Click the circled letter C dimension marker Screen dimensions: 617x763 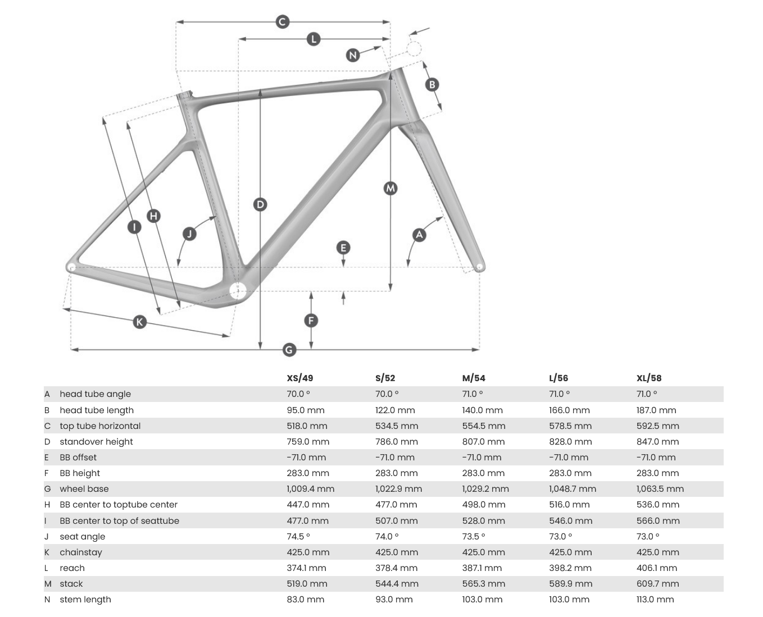pyautogui.click(x=283, y=22)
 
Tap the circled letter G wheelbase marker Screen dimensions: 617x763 pyautogui.click(x=289, y=350)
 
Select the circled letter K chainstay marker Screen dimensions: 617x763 pyautogui.click(x=139, y=322)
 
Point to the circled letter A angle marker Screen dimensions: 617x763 pyautogui.click(x=419, y=235)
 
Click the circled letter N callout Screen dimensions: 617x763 pyautogui.click(x=353, y=55)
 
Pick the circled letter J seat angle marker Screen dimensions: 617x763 pyautogui.click(x=189, y=234)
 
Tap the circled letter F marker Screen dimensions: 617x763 pyautogui.click(x=311, y=321)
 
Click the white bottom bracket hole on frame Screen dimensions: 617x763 pyautogui.click(x=238, y=290)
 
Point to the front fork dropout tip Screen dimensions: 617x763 pyautogui.click(x=479, y=267)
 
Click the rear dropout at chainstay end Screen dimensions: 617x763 pyautogui.click(x=71, y=267)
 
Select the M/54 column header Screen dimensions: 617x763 pyautogui.click(x=474, y=378)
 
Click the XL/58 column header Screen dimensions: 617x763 pyautogui.click(x=649, y=378)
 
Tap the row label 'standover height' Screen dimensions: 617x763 pyautogui.click(x=96, y=441)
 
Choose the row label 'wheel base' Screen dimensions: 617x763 pyautogui.click(x=84, y=488)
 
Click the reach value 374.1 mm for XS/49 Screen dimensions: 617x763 pyautogui.click(x=306, y=568)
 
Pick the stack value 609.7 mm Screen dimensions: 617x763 pyautogui.click(x=657, y=583)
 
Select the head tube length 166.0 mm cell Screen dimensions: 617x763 pyautogui.click(x=569, y=410)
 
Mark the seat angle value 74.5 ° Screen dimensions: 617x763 pyautogui.click(x=298, y=536)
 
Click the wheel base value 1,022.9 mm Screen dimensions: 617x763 pyautogui.click(x=398, y=488)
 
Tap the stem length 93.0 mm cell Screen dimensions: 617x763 pyautogui.click(x=394, y=599)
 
